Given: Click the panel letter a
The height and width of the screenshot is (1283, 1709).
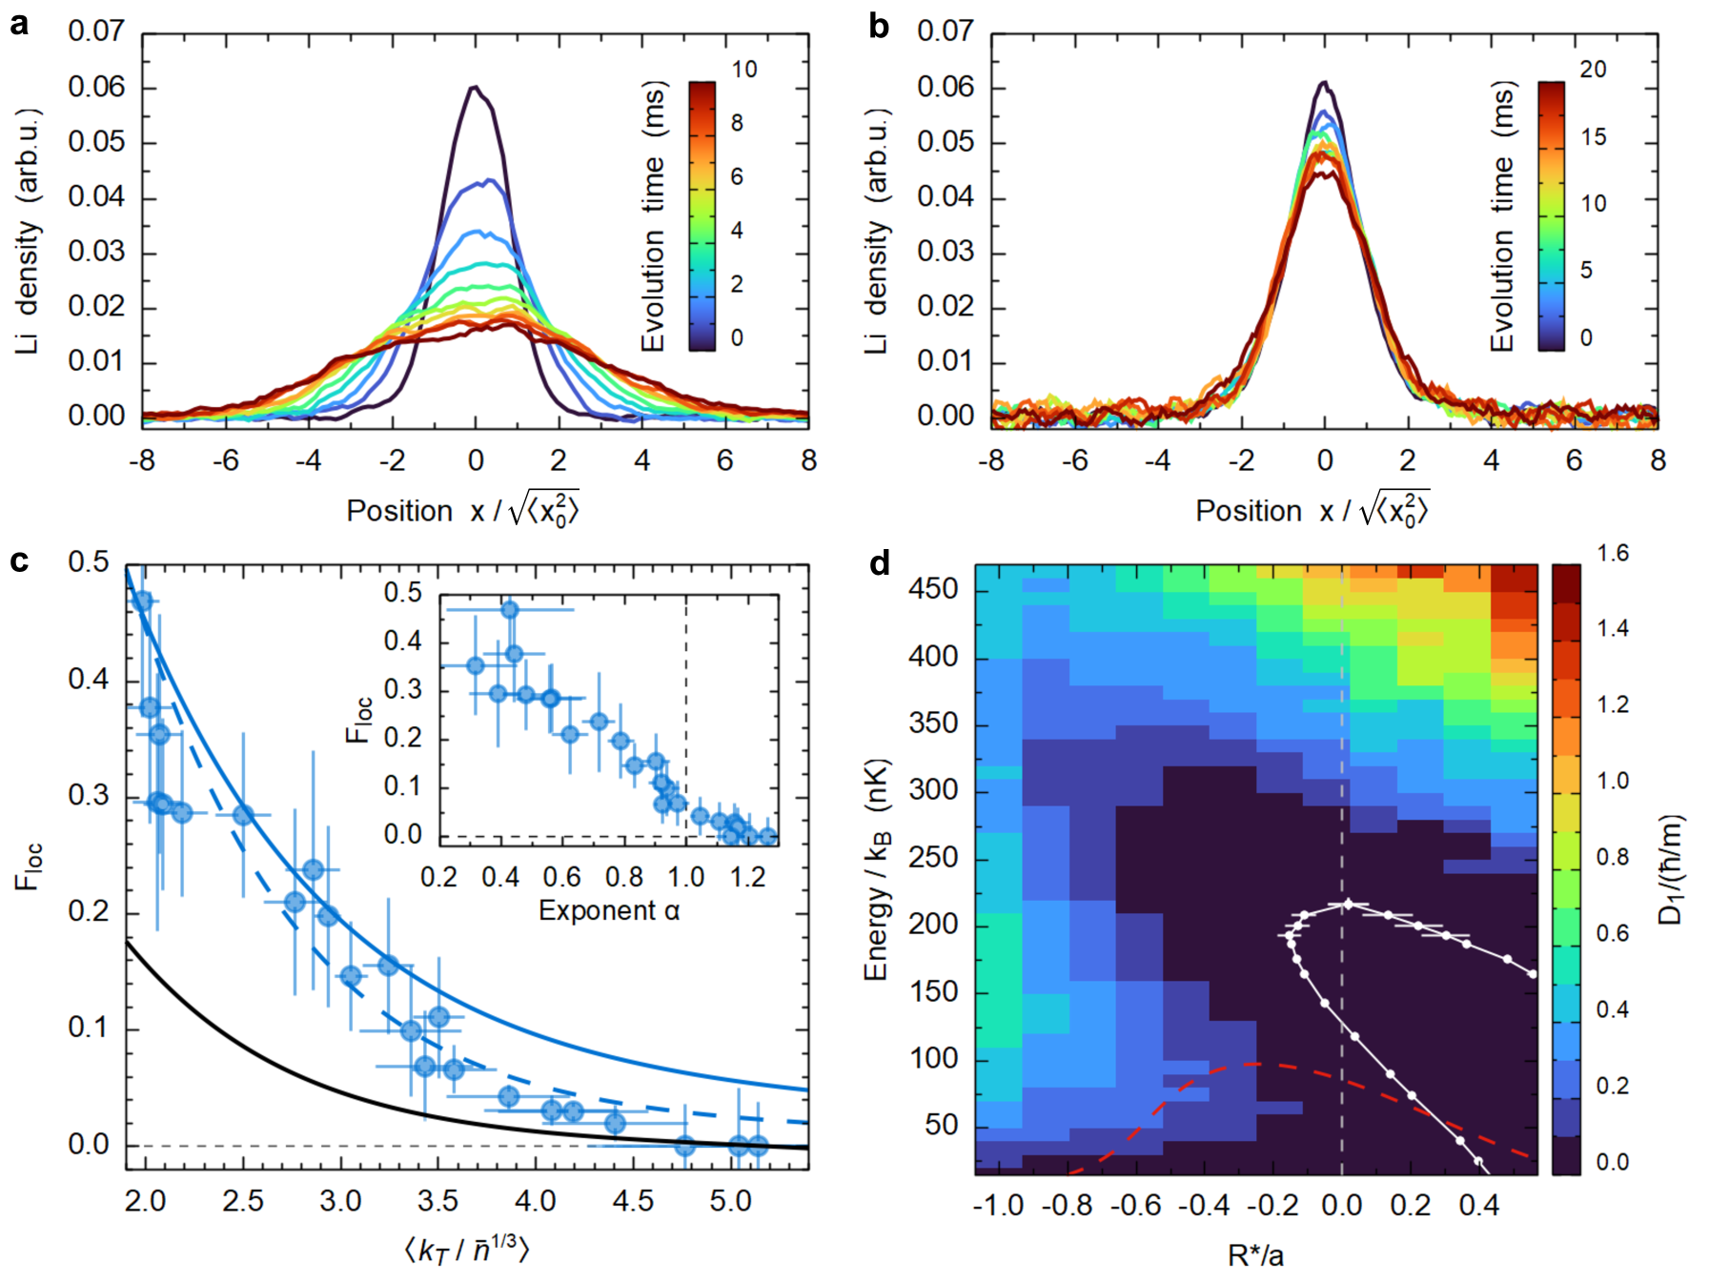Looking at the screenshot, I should [19, 25].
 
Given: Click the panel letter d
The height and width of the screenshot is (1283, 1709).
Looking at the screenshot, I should [879, 563].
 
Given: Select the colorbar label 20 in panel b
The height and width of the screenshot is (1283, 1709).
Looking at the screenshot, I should [1593, 70].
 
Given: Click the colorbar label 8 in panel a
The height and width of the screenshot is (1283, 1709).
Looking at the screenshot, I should [737, 123].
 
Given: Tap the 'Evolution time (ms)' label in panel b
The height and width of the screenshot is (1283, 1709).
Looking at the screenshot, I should [1502, 216].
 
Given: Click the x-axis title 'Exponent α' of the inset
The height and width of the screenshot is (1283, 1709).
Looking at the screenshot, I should [609, 911].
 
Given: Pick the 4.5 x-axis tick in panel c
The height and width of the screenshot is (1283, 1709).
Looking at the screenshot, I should [633, 1201].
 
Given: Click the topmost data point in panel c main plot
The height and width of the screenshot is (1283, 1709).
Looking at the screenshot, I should [142, 601].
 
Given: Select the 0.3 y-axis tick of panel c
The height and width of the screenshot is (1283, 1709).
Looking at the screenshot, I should [89, 796].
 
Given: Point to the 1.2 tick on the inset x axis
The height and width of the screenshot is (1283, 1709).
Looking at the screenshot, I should [747, 877].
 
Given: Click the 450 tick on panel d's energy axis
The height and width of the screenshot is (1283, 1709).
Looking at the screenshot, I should [932, 589].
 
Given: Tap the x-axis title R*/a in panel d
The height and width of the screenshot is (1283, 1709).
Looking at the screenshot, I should [1255, 1255].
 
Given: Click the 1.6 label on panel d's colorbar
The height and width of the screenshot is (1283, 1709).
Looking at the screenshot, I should [1612, 553].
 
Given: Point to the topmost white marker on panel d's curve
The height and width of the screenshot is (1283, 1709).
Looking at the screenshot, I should [1348, 904].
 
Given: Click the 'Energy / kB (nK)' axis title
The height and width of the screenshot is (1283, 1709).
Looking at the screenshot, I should [877, 869].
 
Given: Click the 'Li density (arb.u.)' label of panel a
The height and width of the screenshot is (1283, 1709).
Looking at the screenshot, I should [28, 231].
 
